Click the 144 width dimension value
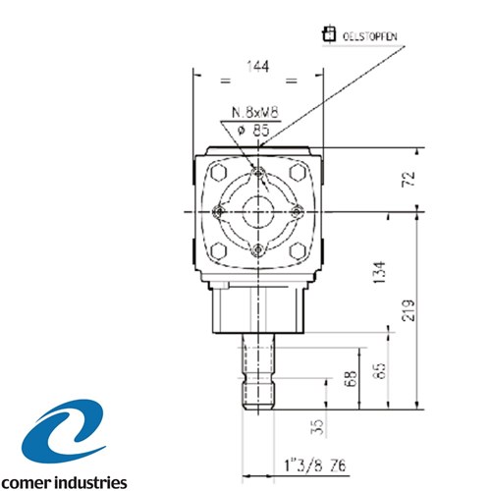pyautogui.click(x=258, y=67)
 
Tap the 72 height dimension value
pyautogui.click(x=409, y=179)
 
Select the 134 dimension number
pyautogui.click(x=380, y=272)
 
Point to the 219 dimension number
pyautogui.click(x=409, y=310)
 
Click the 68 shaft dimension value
pyautogui.click(x=351, y=378)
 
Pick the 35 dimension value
pyautogui.click(x=317, y=427)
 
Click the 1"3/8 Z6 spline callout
pyautogui.click(x=315, y=465)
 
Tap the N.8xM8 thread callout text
pyautogui.click(x=255, y=113)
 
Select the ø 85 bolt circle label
pyautogui.click(x=253, y=131)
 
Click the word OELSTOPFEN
pyautogui.click(x=370, y=36)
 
